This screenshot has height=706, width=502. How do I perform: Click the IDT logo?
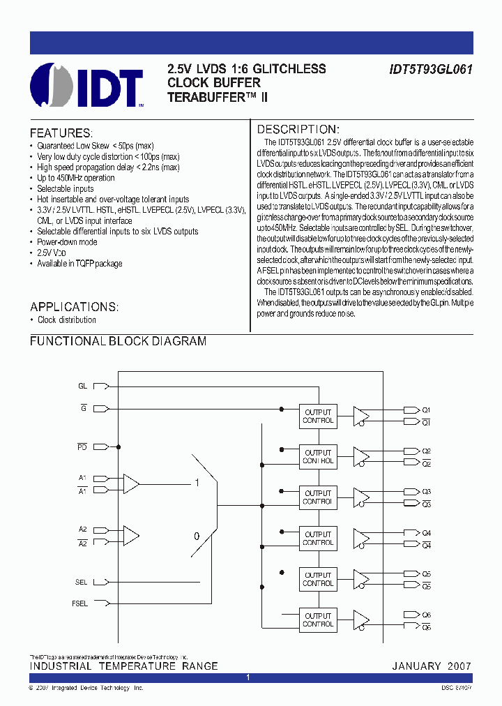coord(86,86)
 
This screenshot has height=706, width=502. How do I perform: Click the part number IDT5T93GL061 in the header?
coord(431,70)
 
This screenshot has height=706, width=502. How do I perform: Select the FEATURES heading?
coord(61,133)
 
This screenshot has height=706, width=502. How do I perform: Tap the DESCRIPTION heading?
coord(298,129)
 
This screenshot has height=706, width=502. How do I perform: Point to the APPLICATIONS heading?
coord(74,307)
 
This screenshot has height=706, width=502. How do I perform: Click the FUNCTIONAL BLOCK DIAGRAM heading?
coord(118,341)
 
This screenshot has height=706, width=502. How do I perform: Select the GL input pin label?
coord(82,386)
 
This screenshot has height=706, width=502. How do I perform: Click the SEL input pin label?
coord(82,582)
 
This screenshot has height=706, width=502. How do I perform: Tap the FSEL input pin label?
coord(79,603)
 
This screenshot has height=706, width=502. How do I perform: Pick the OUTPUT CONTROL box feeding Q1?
coord(319,416)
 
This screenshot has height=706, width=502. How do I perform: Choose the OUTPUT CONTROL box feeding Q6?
coord(319,619)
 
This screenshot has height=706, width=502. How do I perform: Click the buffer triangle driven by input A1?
coord(130,483)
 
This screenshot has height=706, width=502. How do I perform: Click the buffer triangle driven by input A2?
coord(130,535)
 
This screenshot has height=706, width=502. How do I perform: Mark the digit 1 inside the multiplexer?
coord(197,483)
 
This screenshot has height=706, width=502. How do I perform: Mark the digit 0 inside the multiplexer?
coord(197,536)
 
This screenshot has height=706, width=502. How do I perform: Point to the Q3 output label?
coord(427,491)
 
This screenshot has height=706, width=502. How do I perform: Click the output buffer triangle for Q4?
coord(360,538)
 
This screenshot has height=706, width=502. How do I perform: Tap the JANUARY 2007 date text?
coord(432,666)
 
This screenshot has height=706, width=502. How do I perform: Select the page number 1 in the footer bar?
coord(248,677)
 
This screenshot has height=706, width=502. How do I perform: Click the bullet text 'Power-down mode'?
coord(67,242)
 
